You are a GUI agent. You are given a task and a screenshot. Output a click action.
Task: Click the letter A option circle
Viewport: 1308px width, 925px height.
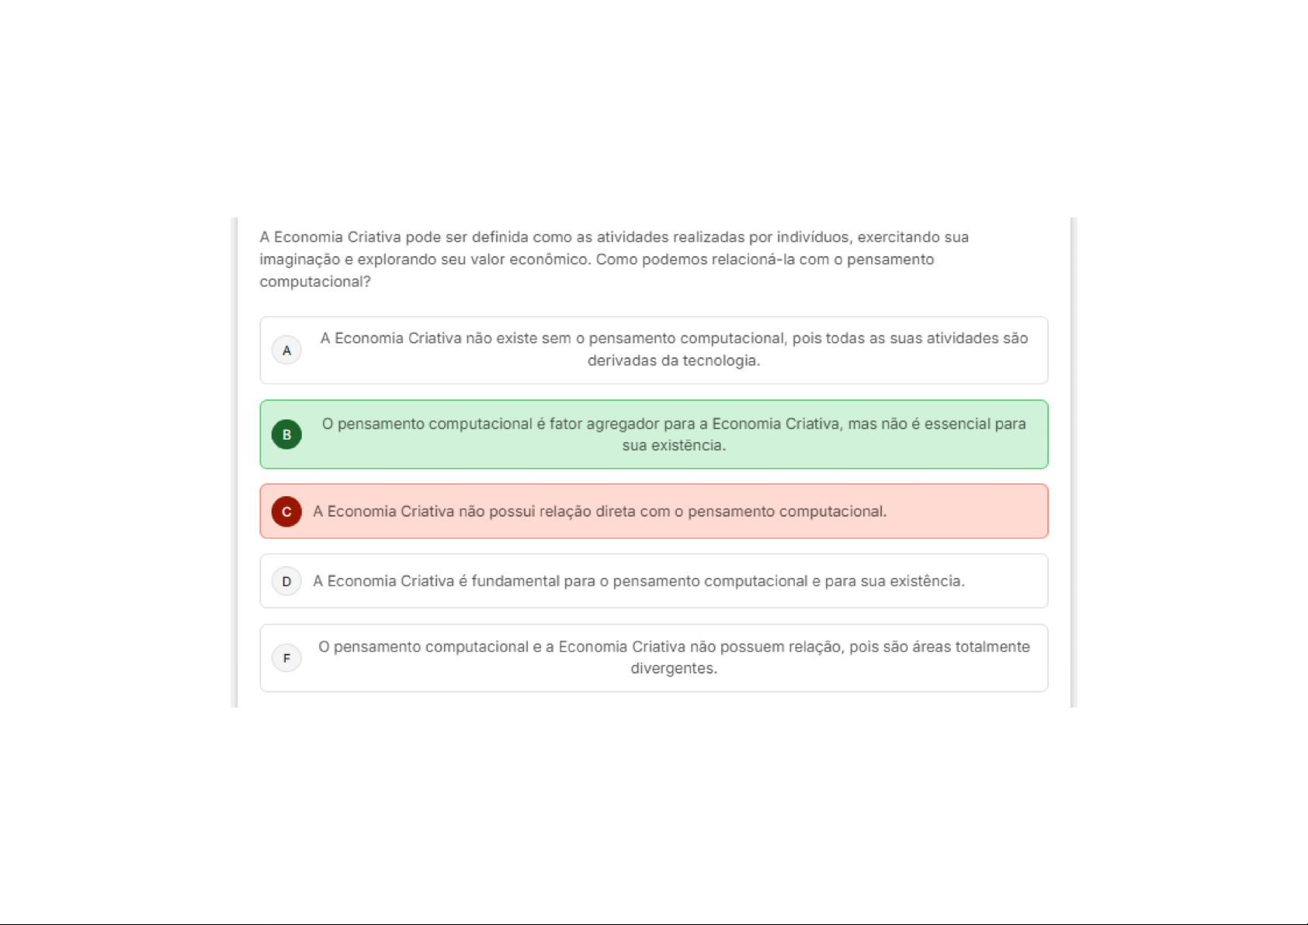286,350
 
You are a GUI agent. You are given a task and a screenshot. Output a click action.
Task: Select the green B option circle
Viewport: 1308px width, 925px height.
286,434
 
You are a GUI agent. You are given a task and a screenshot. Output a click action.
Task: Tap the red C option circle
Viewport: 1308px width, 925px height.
286,512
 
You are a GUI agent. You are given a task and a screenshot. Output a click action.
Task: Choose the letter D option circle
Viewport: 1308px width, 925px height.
286,581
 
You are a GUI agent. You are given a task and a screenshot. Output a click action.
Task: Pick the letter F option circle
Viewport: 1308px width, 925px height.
286,659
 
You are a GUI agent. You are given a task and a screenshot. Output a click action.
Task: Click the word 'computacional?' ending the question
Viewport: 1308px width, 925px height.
315,282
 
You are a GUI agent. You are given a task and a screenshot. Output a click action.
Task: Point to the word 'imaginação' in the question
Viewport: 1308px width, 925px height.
300,259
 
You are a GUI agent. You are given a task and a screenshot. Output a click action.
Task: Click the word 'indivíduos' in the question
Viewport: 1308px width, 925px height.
812,237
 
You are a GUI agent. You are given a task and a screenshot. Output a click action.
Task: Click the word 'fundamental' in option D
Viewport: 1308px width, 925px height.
515,581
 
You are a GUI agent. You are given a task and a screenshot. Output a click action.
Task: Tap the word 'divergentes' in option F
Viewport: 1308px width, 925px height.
672,669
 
